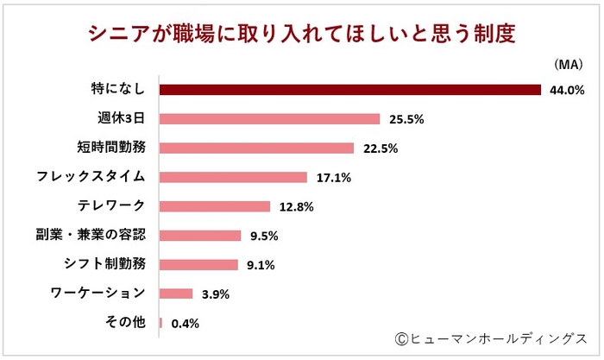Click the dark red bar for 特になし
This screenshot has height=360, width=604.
tap(350, 90)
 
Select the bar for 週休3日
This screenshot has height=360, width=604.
tap(270, 119)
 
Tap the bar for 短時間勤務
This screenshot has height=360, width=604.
tap(257, 148)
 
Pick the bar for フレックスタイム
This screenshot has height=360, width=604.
tap(234, 177)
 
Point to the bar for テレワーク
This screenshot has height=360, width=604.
tap(215, 206)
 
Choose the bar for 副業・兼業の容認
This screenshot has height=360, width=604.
tap(200, 236)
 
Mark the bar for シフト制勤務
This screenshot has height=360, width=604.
tap(198, 265)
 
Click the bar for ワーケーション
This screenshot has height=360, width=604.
tap(176, 294)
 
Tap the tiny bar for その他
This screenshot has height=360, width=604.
tap(161, 323)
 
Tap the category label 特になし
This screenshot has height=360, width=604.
tap(118, 89)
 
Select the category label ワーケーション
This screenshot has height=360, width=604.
tap(102, 294)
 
